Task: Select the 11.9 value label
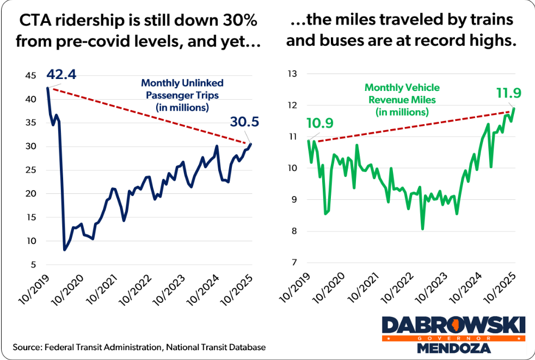pyautogui.click(x=508, y=93)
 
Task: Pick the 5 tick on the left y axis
pyautogui.click(x=33, y=265)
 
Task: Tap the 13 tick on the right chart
pyautogui.click(x=293, y=74)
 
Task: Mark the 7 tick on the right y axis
pyautogui.click(x=295, y=263)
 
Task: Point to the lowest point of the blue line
pyautogui.click(x=65, y=249)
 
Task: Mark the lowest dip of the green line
pyautogui.click(x=423, y=229)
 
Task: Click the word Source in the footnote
pyautogui.click(x=28, y=347)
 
